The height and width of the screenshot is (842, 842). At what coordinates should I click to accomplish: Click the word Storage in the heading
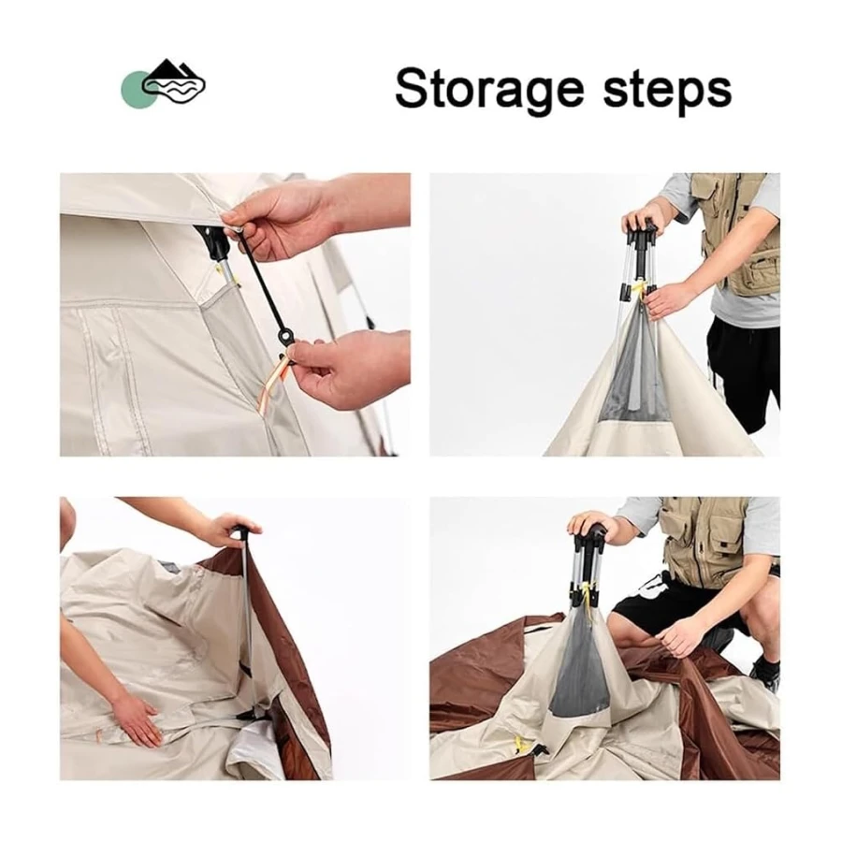coord(489,89)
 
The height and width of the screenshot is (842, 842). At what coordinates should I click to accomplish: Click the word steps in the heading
coord(667,89)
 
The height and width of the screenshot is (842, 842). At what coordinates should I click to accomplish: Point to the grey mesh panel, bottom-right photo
coord(581,666)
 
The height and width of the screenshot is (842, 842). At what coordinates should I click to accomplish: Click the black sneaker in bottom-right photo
coord(765,671)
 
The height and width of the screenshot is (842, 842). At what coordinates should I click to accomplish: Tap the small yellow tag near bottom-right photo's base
coord(521,742)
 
